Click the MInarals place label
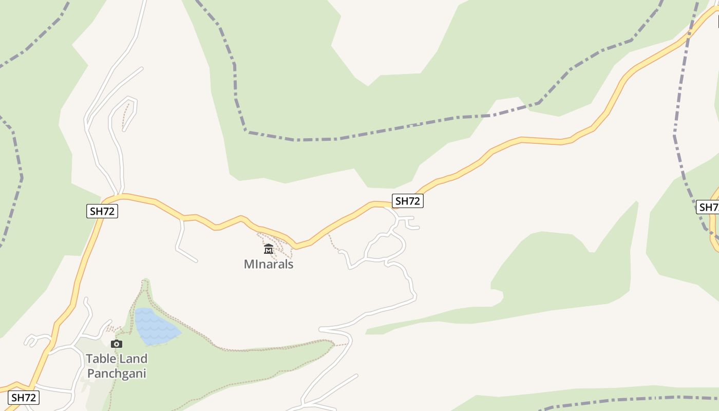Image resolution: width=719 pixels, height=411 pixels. (269, 264)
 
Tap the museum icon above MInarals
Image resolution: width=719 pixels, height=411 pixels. (269, 250)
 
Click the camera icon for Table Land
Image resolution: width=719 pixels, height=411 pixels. (117, 344)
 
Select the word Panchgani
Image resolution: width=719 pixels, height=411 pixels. (117, 373)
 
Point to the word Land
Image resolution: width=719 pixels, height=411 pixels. (133, 359)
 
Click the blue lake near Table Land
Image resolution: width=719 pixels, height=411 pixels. (154, 327)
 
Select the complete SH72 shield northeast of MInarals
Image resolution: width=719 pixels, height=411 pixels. (408, 201)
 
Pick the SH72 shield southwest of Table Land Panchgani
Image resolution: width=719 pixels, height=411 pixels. (24, 398)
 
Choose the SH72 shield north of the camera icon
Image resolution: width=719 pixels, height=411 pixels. (103, 211)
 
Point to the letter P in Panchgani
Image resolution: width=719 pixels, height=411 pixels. (91, 373)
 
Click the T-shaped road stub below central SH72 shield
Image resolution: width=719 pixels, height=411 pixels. (408, 222)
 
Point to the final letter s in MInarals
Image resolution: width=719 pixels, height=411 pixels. (290, 264)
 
